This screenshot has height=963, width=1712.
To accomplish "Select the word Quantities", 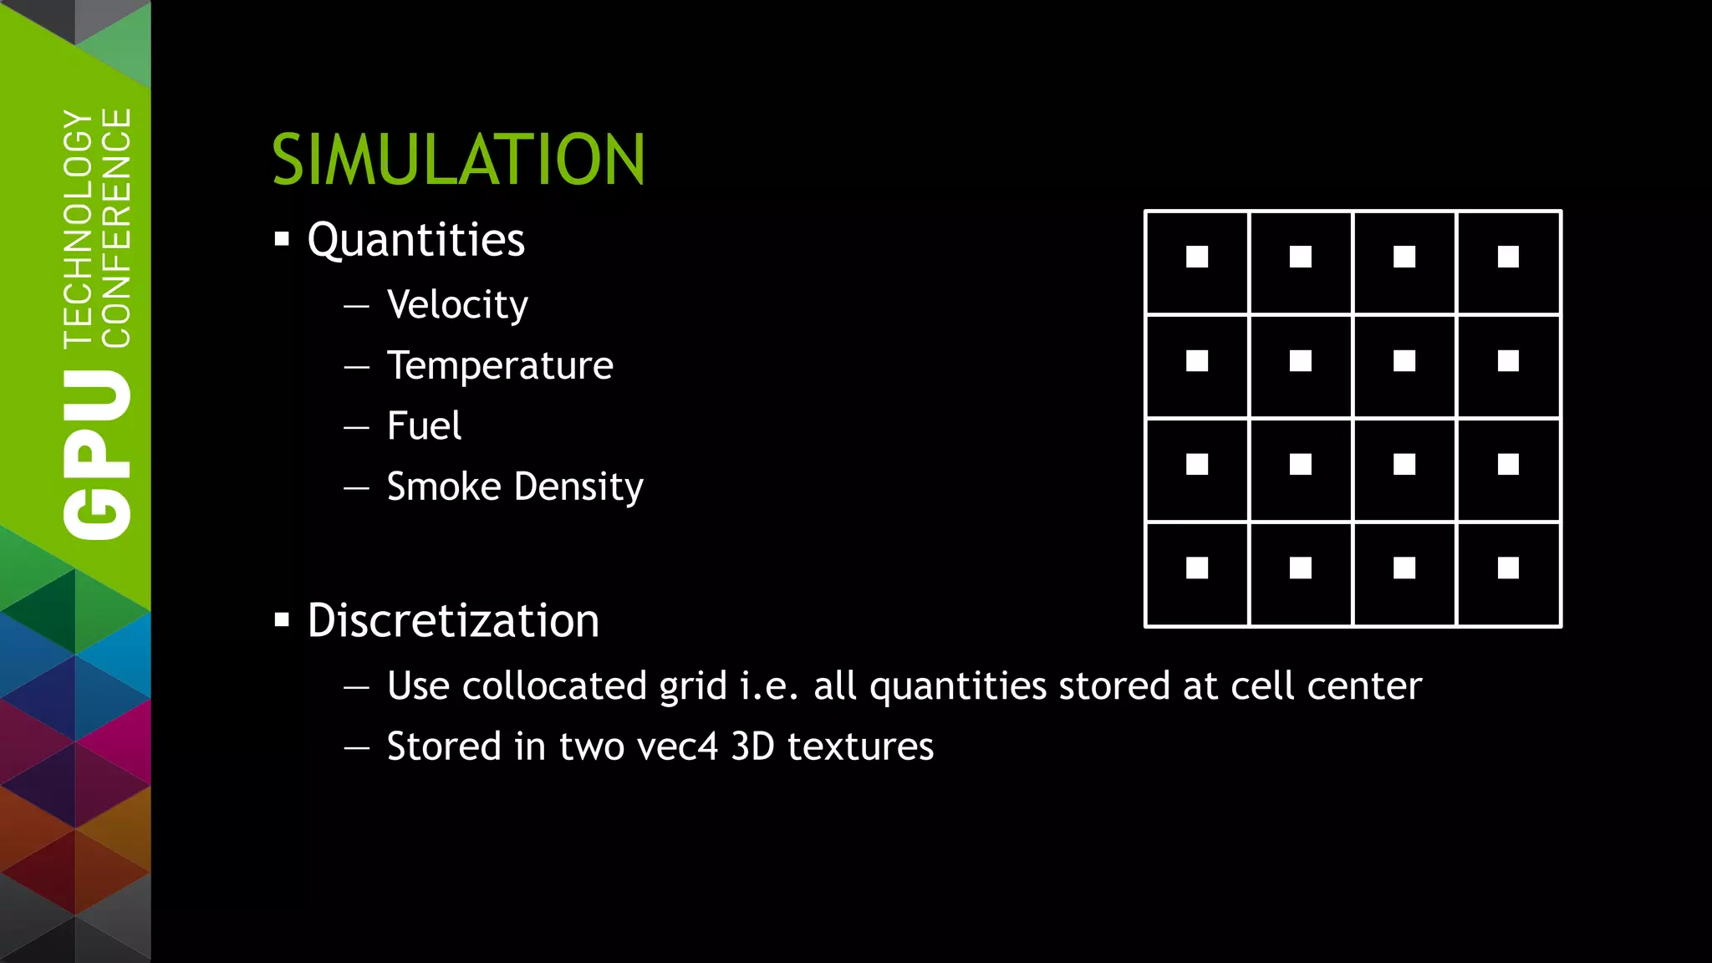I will click(x=415, y=241).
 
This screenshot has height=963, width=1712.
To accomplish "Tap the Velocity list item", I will click(x=457, y=304).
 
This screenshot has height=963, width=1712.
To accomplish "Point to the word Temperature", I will click(x=500, y=366).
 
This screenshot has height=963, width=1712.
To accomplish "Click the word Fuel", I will click(x=424, y=426).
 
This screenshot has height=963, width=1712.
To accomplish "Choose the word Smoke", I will click(x=443, y=487).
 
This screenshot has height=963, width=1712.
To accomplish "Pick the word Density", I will click(x=578, y=487).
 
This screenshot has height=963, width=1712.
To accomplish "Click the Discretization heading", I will click(x=453, y=621).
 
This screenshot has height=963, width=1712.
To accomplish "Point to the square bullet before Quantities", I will click(x=282, y=240).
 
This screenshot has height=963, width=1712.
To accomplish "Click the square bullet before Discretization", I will click(x=282, y=620).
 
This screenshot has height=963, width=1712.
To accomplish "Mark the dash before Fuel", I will click(x=356, y=427).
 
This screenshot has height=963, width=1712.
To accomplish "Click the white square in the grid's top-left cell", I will click(x=1197, y=257).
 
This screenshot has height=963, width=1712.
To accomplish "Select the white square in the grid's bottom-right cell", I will click(x=1508, y=568).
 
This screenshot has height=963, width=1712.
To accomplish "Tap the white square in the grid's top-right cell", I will click(x=1508, y=257).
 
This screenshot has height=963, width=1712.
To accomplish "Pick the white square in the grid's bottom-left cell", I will click(x=1197, y=568).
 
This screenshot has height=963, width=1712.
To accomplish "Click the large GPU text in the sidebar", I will click(x=98, y=456).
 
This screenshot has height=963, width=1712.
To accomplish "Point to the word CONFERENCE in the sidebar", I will click(x=116, y=227).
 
